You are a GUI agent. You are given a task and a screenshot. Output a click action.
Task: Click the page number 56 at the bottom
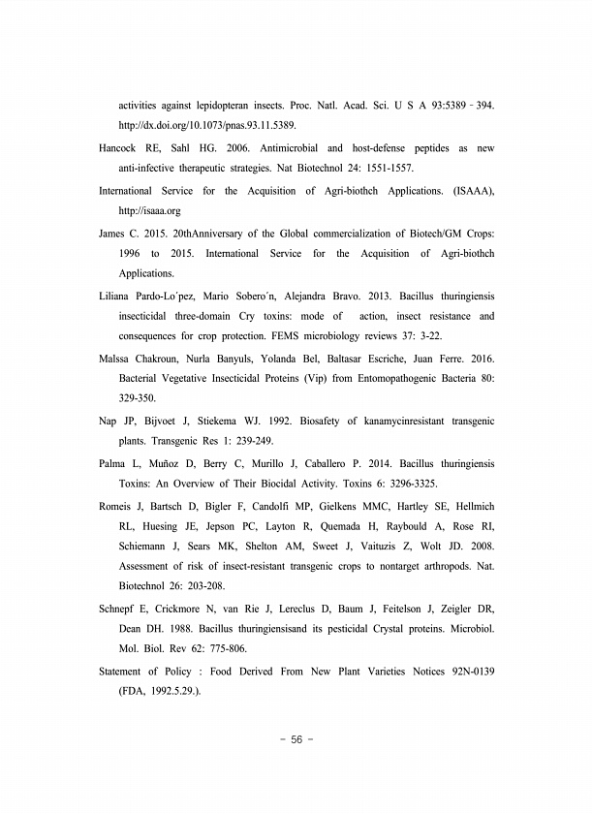pyautogui.click(x=296, y=739)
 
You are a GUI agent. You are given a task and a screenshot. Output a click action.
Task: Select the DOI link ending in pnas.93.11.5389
pyautogui.click(x=207, y=126)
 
